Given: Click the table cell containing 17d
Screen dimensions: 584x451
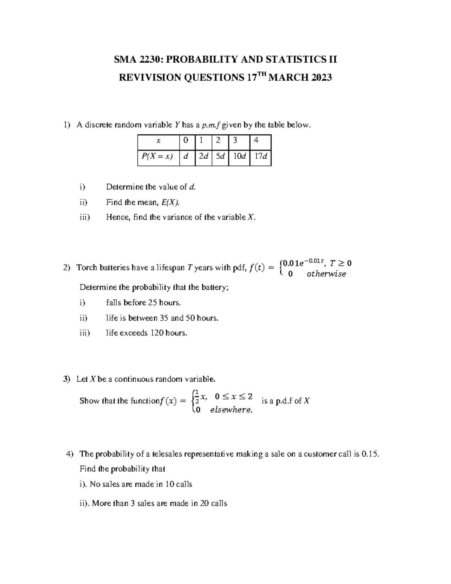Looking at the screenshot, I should coord(260,156).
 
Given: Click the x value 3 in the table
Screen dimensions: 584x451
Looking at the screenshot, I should coord(235,141).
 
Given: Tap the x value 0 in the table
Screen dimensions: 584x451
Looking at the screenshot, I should coord(185,141).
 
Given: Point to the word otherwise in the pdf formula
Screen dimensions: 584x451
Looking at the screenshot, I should coord(326,274).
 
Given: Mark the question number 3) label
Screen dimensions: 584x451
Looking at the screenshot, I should coord(67,379).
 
